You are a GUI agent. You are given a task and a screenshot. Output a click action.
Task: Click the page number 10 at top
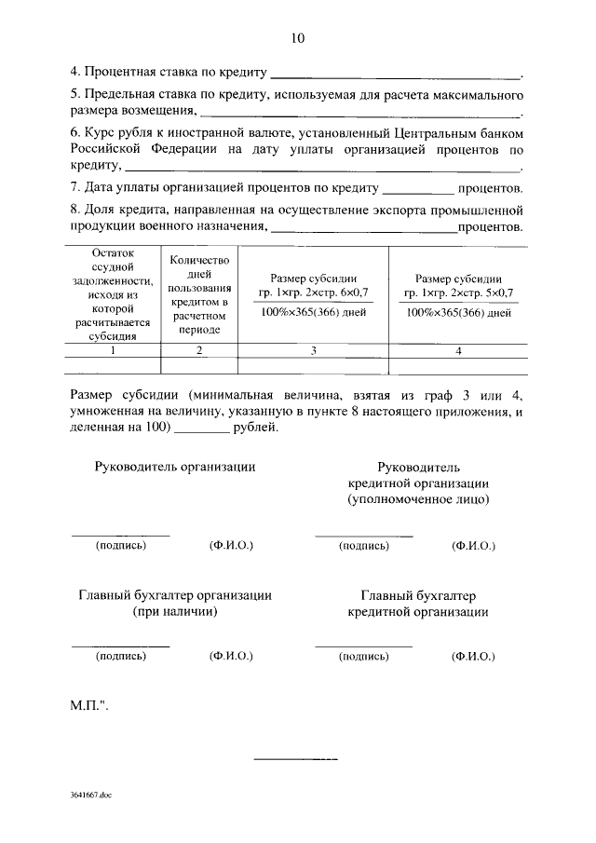297,38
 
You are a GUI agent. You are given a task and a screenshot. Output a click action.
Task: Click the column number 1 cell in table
113,351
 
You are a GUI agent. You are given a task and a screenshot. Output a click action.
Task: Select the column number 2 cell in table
198,351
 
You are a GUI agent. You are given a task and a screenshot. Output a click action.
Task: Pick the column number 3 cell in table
313,351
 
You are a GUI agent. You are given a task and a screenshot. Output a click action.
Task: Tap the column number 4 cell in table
458,351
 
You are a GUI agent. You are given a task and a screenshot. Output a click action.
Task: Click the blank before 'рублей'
201,429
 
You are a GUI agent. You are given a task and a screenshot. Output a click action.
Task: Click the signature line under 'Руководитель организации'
120,535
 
